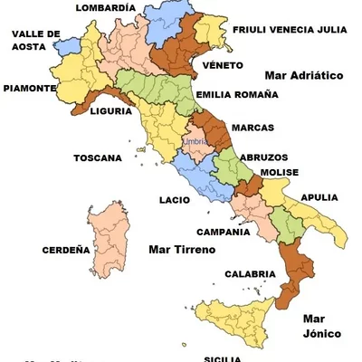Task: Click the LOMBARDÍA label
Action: point(106,7)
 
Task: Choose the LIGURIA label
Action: point(113,112)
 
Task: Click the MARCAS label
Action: point(253,128)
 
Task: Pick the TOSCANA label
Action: point(97,157)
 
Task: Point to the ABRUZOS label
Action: point(264,157)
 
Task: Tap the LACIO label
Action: point(174,199)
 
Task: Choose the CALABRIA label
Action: point(250,273)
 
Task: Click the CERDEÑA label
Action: point(66,250)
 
